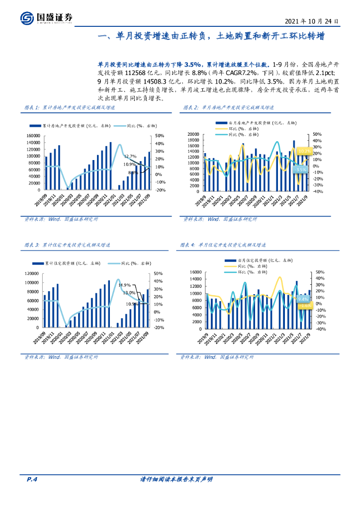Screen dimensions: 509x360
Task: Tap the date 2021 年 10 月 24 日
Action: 312,22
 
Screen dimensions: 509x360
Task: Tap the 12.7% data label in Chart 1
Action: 130,156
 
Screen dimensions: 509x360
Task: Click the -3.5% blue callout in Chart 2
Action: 300,170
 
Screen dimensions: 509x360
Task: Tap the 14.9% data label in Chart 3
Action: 124,285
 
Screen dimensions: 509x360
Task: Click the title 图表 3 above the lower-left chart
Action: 31,245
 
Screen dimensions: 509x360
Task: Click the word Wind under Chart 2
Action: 213,219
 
